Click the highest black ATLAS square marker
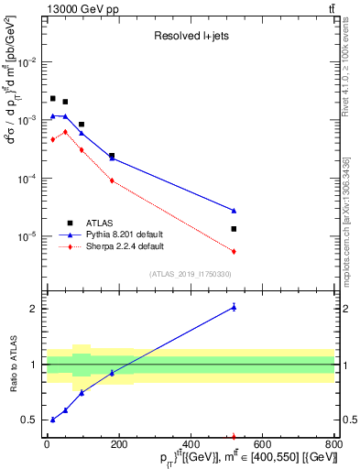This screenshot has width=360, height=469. point(53,98)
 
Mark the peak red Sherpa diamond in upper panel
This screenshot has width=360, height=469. point(65,132)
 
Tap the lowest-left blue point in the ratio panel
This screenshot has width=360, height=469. point(53,420)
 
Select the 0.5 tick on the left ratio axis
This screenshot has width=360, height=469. point(33,420)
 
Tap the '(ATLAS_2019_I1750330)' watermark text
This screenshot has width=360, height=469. point(190,273)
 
